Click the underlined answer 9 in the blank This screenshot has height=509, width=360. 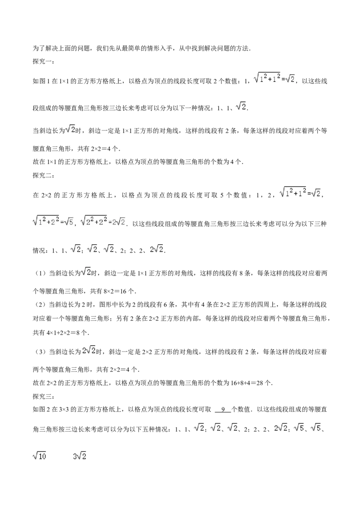(223, 409)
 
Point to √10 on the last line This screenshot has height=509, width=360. (40, 456)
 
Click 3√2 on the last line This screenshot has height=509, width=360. (80, 456)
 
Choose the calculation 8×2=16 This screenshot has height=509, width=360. (115, 291)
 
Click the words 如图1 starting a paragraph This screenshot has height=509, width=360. (40, 81)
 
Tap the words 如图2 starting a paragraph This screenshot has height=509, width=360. (40, 410)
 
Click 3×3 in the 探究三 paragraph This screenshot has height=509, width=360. (63, 410)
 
